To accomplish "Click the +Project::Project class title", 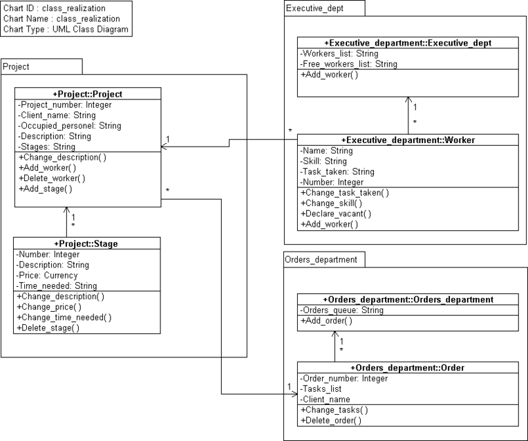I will tap(88, 94).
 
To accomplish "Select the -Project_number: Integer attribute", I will tap(65, 105).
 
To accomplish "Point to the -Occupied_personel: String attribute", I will tap(70, 126).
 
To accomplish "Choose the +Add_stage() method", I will tap(46, 188).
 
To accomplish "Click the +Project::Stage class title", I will tap(86, 244).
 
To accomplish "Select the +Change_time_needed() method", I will tap(65, 317).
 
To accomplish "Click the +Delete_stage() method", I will tap(49, 328).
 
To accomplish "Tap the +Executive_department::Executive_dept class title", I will tap(408, 43).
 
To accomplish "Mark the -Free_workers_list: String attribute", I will tap(349, 64).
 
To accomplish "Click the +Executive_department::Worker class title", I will tap(408, 140).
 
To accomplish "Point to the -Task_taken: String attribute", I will tap(338, 171).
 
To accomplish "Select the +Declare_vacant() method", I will tap(337, 214).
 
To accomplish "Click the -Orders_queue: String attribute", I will tap(342, 310).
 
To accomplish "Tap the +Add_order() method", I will tap(326, 321).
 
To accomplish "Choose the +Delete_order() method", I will tap(331, 420).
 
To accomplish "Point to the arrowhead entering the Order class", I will tap(294, 394).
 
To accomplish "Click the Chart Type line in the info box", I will tap(66, 29).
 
